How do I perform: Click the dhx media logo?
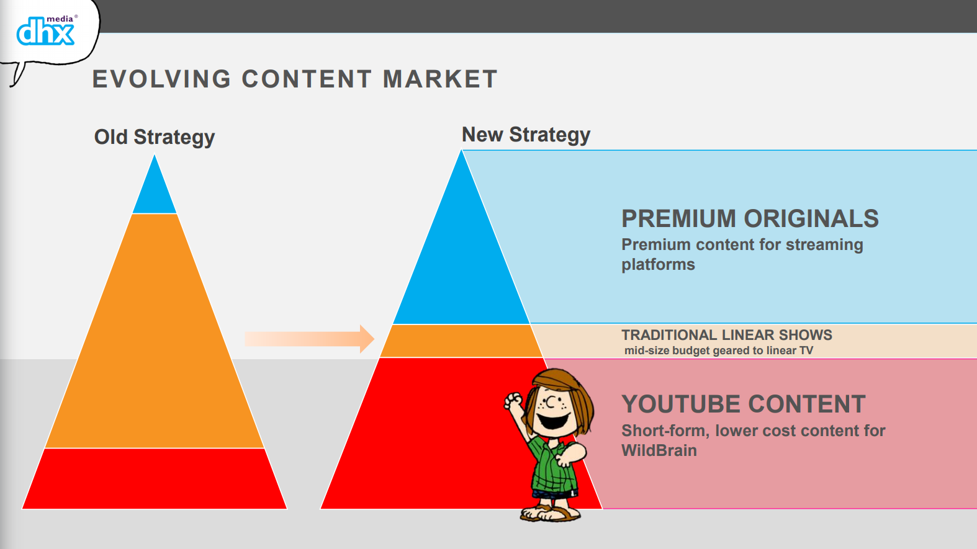coord(46,30)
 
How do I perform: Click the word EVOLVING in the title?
coord(162,79)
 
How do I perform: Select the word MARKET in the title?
coord(440,79)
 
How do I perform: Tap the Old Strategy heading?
coord(155,137)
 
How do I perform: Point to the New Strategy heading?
coord(526,135)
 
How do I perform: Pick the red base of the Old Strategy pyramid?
coord(155,479)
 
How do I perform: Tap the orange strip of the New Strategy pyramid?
coord(461,341)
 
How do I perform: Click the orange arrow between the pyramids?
coord(310,339)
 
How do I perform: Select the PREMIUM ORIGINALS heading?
coord(750,218)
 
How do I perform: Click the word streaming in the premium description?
coord(824,245)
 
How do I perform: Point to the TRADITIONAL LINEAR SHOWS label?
coord(727,335)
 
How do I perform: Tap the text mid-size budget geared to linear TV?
coord(719,350)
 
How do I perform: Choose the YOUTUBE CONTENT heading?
coord(743,404)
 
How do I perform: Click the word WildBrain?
coord(659,450)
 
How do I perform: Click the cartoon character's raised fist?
coord(513,401)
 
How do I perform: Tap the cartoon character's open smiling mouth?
coord(554,421)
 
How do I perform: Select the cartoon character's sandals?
coord(551,513)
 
